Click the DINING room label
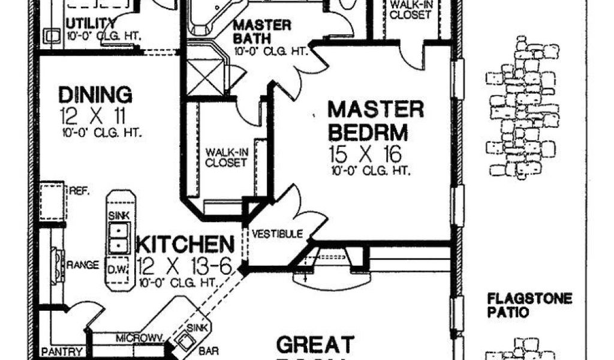tap(95, 95)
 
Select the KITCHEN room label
tap(185, 245)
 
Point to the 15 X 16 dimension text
tap(365, 154)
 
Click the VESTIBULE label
tap(276, 233)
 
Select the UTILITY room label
tap(91, 23)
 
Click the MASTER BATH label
tap(262, 33)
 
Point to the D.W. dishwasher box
tap(118, 270)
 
